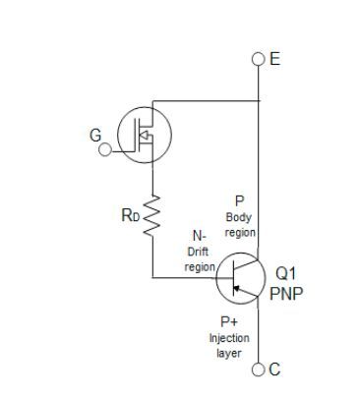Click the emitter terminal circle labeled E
point(259,59)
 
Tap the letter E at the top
point(274,59)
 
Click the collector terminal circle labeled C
point(259,369)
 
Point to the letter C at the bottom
point(274,369)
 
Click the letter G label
point(96,137)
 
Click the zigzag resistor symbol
point(152,215)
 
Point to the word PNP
point(286,293)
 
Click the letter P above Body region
point(239,201)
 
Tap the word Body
point(239,217)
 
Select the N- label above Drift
point(199,237)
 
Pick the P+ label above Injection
point(229,321)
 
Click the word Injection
point(228,338)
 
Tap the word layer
point(228,353)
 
